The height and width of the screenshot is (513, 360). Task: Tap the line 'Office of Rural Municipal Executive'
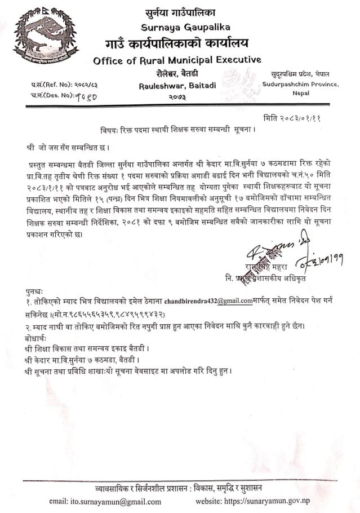coord(177,60)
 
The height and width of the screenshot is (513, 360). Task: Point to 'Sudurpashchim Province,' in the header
coord(300,84)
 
